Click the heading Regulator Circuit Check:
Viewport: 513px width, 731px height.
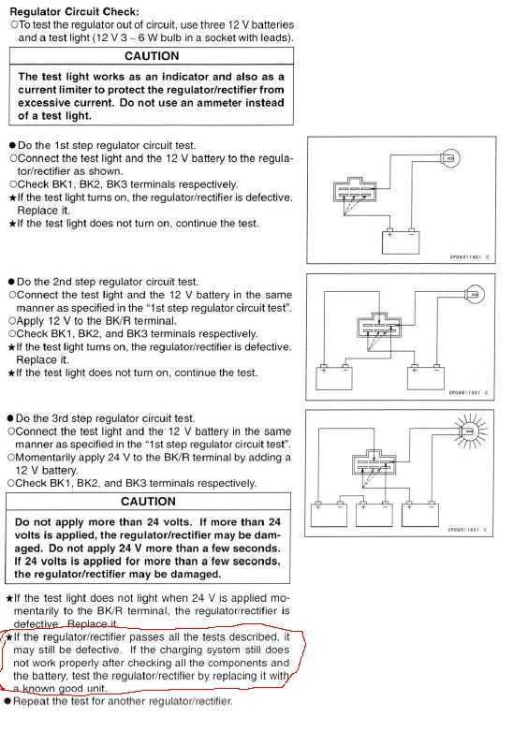74,11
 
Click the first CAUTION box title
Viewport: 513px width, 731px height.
152,56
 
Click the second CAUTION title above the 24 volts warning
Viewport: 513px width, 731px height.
148,501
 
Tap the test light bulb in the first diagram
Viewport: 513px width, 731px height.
450,158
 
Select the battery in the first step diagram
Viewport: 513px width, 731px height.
401,242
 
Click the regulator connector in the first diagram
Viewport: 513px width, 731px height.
355,189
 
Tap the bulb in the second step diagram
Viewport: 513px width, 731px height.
475,295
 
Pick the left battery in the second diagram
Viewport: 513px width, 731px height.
334,377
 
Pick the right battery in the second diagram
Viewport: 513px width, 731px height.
426,377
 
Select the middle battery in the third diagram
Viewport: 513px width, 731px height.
374,514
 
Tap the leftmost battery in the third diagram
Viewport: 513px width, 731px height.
329,514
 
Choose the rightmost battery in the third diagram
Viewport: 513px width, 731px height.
419,514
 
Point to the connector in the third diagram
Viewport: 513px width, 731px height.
374,462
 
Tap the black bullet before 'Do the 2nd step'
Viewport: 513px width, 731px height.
11,282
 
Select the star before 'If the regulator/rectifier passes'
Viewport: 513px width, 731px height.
8,637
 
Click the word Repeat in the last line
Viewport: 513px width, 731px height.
27,701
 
